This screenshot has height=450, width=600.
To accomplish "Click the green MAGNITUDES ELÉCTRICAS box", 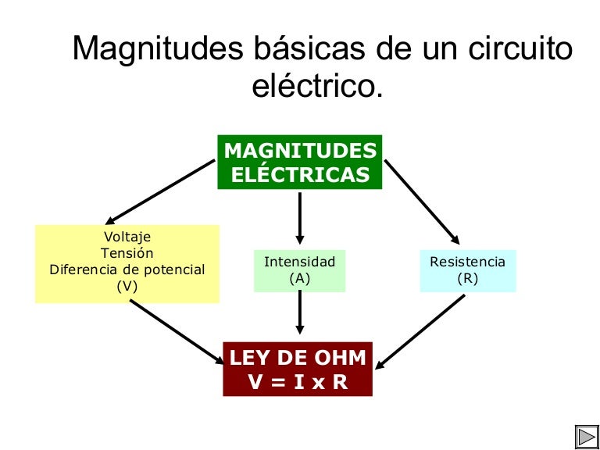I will tap(300, 162).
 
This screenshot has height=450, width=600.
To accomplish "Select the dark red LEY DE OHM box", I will tap(298, 370).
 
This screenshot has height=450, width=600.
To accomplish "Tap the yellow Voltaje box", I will tap(127, 263).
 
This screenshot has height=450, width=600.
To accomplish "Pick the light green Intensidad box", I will tap(299, 270).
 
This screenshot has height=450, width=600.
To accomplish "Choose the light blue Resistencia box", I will tap(468, 270).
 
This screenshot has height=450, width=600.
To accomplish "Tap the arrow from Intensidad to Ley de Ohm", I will tap(299, 316).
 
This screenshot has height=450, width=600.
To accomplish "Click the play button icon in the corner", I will tap(586, 436).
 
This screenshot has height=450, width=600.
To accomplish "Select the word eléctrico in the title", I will tap(318, 87).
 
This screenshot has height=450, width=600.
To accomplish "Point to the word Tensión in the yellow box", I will tap(127, 253).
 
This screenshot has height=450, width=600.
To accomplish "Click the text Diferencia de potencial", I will tap(127, 270).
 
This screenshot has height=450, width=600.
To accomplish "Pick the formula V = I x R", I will tap(298, 382).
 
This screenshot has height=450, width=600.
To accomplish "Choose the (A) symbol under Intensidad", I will tap(299, 278).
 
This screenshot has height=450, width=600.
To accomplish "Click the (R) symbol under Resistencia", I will tap(468, 278).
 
